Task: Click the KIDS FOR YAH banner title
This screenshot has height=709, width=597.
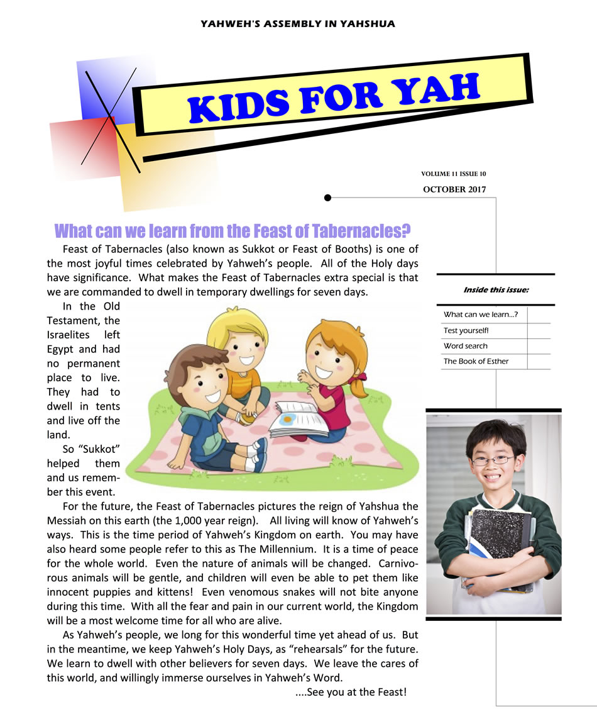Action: point(334,97)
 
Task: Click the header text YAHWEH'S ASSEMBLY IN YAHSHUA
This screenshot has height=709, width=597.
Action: point(298,24)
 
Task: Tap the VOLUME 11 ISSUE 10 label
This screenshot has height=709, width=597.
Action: point(453,174)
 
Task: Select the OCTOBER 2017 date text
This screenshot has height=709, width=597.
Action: point(454,189)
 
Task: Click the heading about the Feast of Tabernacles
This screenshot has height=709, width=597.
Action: point(233,231)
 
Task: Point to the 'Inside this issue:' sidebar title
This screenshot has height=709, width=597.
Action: point(496,290)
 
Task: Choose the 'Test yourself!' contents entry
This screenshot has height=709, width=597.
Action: point(466,330)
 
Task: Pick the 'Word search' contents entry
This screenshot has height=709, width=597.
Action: point(465,346)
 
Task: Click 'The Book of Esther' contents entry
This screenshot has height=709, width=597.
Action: point(476,361)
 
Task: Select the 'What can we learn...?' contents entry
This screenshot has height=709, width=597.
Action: point(480,315)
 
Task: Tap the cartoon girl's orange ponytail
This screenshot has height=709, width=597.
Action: point(360,385)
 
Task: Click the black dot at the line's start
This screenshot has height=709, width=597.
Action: point(327,198)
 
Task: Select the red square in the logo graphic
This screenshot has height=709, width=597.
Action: point(82,142)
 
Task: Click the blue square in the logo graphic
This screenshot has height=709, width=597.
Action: point(107,88)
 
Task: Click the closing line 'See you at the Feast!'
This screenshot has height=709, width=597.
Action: point(351,692)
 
